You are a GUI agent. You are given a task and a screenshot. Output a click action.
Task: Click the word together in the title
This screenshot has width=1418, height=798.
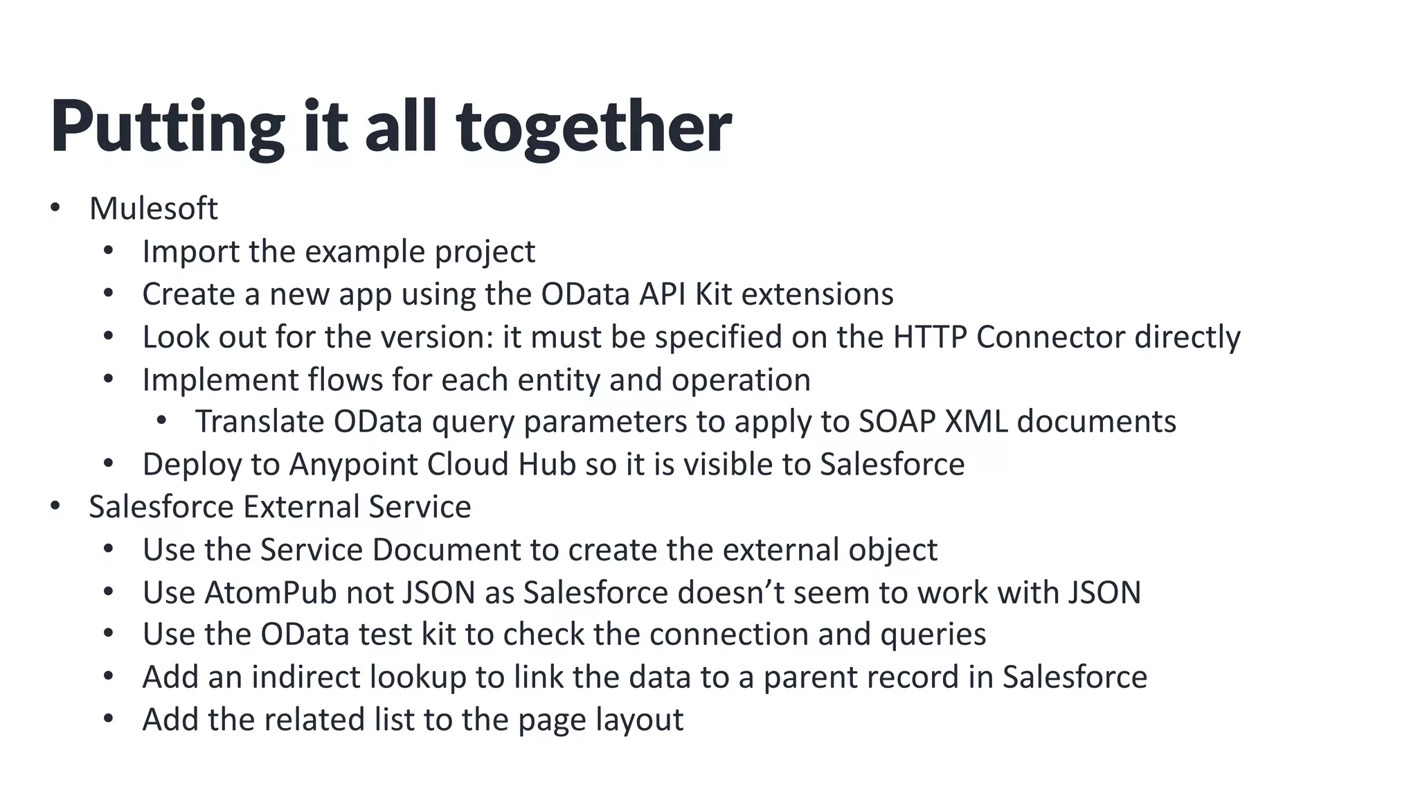click(593, 127)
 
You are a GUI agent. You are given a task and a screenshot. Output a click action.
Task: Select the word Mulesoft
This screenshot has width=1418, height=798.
click(154, 209)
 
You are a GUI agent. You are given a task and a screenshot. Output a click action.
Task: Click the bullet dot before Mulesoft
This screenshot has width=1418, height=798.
click(55, 208)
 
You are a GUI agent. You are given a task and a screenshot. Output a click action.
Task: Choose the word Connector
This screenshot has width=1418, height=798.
click(1050, 337)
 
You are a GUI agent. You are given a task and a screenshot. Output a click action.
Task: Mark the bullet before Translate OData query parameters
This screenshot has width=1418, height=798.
click(162, 420)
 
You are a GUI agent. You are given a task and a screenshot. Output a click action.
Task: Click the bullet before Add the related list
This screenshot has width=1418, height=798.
click(108, 719)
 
